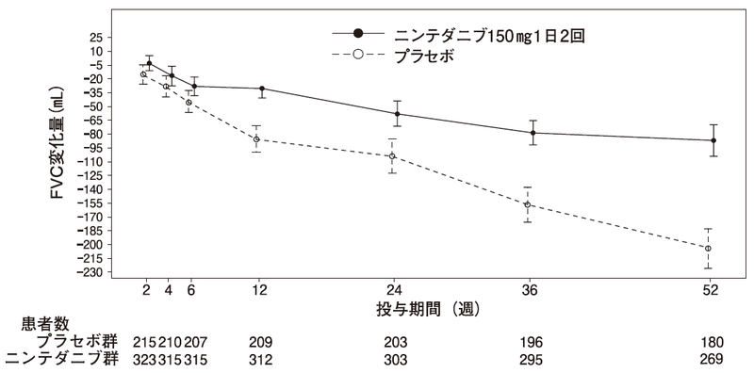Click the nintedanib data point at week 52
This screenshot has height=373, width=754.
pyautogui.click(x=713, y=140)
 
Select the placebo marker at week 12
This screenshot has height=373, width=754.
pyautogui.click(x=256, y=139)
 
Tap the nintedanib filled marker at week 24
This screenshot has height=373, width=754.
pyautogui.click(x=397, y=114)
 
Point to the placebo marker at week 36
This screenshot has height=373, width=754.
pyautogui.click(x=528, y=204)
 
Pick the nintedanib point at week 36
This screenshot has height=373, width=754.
pyautogui.click(x=533, y=133)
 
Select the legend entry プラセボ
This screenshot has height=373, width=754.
pyautogui.click(x=424, y=56)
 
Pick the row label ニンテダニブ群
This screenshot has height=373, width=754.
pyautogui.click(x=63, y=358)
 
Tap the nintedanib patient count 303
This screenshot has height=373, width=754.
pyautogui.click(x=397, y=358)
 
